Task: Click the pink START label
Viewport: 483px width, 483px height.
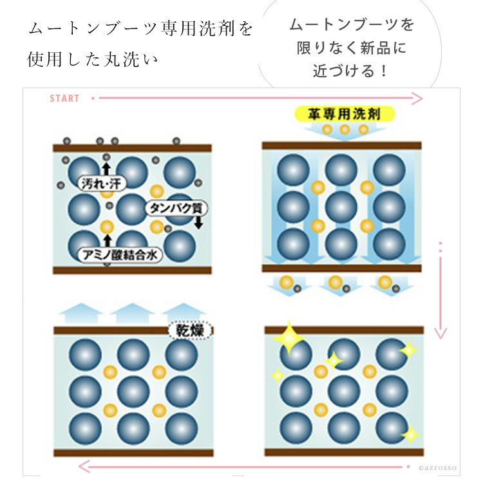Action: coord(64,99)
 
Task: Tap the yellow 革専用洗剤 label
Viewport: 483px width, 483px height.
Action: coord(345,114)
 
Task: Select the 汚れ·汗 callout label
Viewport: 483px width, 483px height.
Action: coord(102,184)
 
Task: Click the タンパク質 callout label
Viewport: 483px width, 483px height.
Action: coord(176,209)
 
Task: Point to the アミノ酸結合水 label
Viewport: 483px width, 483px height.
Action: coord(120,255)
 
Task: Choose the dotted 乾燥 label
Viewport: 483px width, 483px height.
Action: coord(190,330)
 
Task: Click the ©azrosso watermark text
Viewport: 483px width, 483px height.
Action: coord(437,468)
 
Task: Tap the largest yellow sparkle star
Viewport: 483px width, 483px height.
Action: coord(289,338)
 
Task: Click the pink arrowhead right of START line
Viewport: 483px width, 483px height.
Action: coord(417,99)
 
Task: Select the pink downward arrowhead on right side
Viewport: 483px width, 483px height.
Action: coord(440,334)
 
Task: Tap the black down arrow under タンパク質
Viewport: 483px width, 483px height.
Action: coord(199,222)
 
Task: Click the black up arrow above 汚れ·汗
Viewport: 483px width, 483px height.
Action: coord(106,169)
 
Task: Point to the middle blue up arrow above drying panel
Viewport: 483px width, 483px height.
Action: coord(132,313)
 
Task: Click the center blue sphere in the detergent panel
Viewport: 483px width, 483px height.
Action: coord(341,207)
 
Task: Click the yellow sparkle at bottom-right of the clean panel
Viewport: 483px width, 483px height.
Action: coord(410,434)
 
